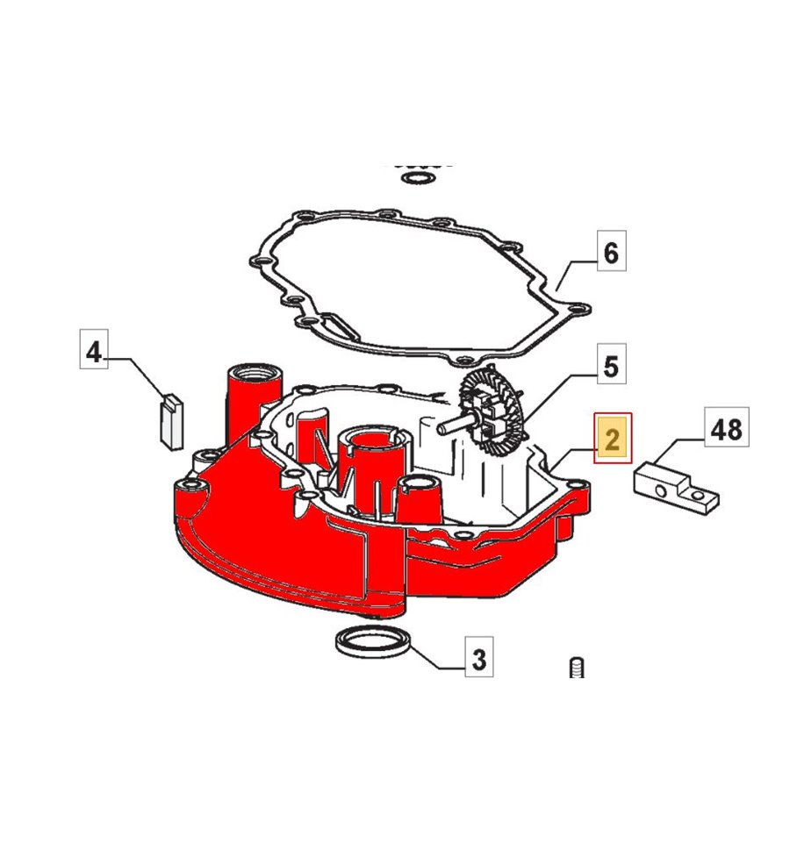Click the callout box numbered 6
click(x=611, y=251)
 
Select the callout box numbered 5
click(x=611, y=364)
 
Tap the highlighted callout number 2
click(x=613, y=438)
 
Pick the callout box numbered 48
click(x=727, y=427)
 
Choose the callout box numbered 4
click(x=94, y=349)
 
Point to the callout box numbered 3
click(x=478, y=656)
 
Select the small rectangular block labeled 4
click(x=172, y=423)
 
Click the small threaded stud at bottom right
click(x=576, y=668)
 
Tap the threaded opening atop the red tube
click(x=254, y=371)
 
